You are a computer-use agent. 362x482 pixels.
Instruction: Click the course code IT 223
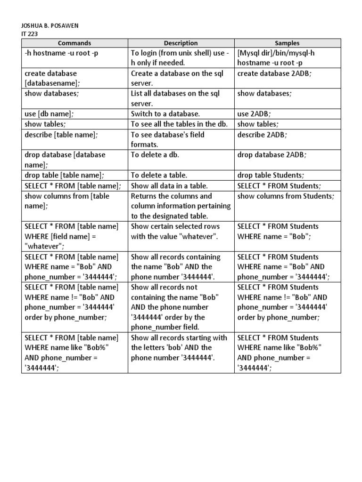point(30,34)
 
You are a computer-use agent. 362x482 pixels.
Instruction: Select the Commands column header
point(74,43)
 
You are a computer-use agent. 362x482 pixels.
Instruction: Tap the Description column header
point(181,43)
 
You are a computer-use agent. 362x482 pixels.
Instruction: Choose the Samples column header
point(288,43)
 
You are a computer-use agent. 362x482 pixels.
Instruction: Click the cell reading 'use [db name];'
point(49,114)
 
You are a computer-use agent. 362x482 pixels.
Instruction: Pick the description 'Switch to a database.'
point(165,114)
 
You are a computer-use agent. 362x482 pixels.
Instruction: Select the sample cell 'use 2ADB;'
point(255,114)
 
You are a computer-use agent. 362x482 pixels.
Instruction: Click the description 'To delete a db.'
point(155,155)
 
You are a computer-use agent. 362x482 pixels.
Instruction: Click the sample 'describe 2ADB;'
point(262,135)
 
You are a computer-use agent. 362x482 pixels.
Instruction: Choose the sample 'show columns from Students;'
point(286,196)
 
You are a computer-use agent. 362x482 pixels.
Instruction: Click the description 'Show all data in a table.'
point(169,185)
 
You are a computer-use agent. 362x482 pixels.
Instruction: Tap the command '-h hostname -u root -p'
point(61,53)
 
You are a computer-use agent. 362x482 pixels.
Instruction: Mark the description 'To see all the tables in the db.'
point(179,124)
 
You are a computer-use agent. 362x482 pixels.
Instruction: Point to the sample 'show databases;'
point(264,94)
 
